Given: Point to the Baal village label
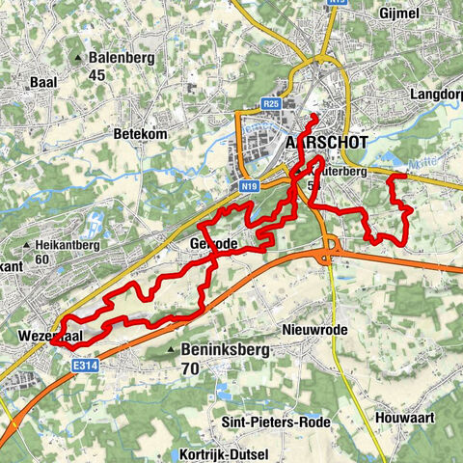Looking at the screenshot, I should pos(43,83).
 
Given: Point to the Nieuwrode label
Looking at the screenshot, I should pos(313,329).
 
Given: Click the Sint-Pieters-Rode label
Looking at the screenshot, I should pos(276,422).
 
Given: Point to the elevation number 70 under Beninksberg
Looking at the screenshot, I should pos(190,367).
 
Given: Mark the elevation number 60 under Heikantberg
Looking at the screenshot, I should pos(42,259).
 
